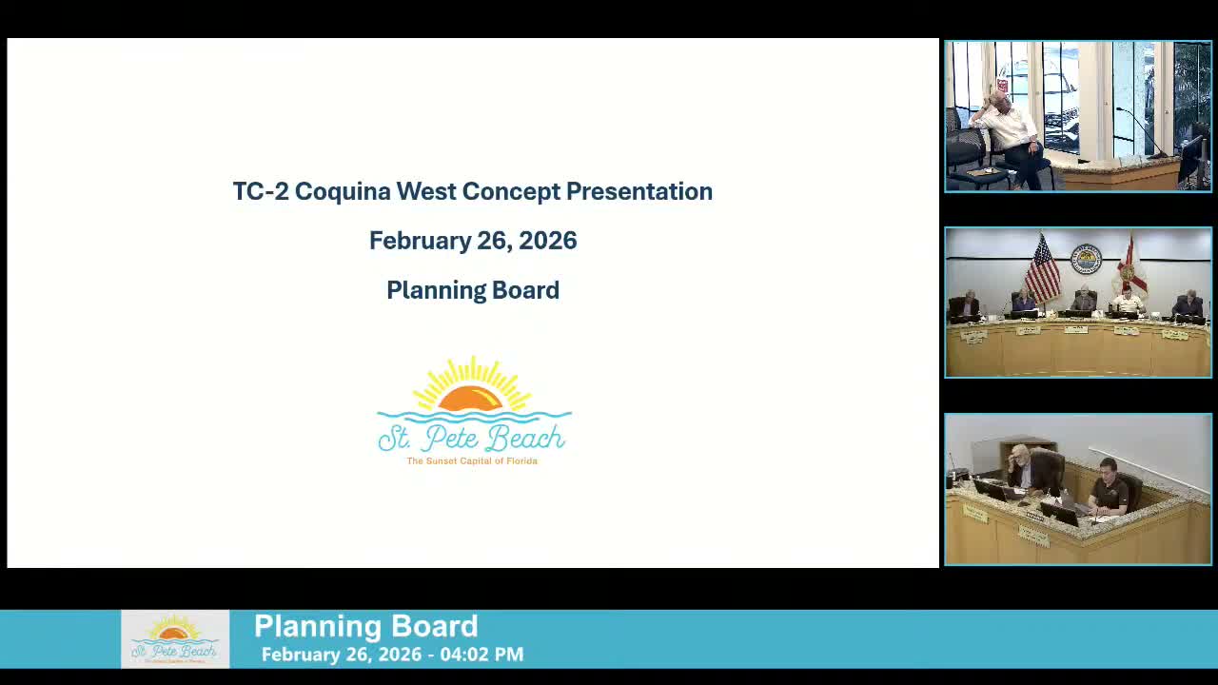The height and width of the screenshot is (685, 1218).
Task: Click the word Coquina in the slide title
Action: (343, 191)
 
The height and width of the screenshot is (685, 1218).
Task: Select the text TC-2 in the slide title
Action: (260, 191)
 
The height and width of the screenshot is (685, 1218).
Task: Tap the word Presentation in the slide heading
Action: (638, 191)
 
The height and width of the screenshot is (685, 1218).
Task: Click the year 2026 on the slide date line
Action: (548, 241)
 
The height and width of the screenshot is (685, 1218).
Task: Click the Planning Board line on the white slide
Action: (473, 290)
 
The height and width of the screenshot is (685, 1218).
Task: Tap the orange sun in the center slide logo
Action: (471, 398)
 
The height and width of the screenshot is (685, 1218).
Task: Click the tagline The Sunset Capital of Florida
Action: (472, 461)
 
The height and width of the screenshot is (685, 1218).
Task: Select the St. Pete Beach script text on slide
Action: (472, 438)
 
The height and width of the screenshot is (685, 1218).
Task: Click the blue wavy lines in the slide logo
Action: (473, 417)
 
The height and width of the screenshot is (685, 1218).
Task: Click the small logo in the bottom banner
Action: (175, 639)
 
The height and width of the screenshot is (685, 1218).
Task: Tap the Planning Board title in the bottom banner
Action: (365, 626)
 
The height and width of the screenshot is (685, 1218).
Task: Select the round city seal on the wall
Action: (1085, 259)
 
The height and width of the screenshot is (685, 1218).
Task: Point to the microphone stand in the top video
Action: (1142, 133)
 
